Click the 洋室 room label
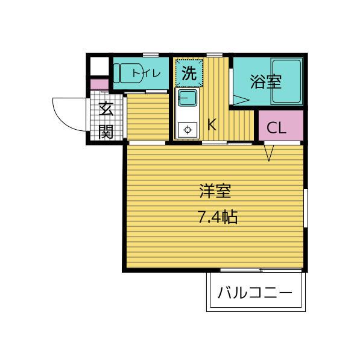click(215, 192)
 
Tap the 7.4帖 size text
click(217, 217)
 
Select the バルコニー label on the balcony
click(254, 294)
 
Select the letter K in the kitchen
click(212, 125)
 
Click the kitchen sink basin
click(187, 98)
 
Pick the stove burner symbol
click(188, 129)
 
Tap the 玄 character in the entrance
click(106, 110)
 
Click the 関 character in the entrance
click(106, 131)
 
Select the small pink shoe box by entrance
click(98, 84)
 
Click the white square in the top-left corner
click(98, 65)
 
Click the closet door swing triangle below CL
click(269, 154)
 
